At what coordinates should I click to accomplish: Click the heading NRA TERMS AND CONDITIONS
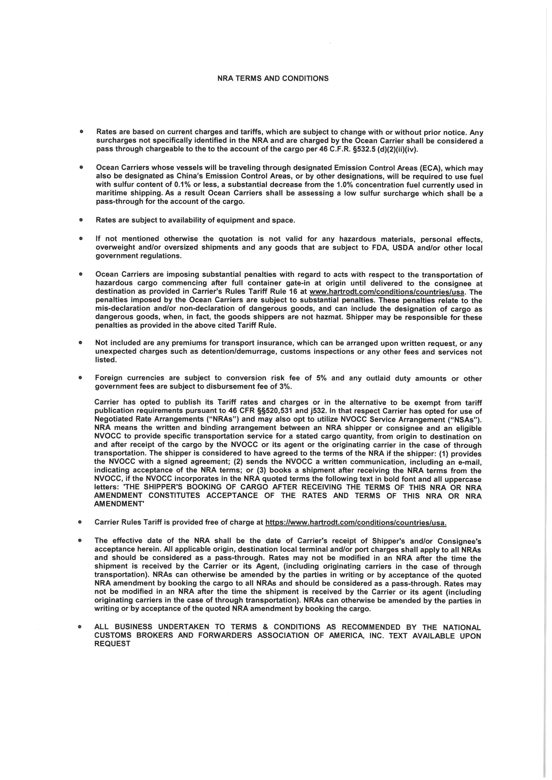tap(273, 79)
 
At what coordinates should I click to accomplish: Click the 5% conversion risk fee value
tap(321, 378)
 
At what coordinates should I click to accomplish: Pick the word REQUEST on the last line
tap(112, 644)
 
